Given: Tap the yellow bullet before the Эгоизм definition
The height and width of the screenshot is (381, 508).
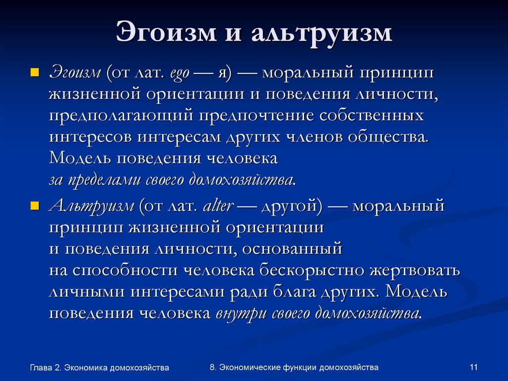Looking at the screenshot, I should coord(34,74).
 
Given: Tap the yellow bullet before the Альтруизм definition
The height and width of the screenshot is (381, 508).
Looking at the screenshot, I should coord(34,206).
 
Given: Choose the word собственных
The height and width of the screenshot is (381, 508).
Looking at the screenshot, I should coord(372,116).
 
